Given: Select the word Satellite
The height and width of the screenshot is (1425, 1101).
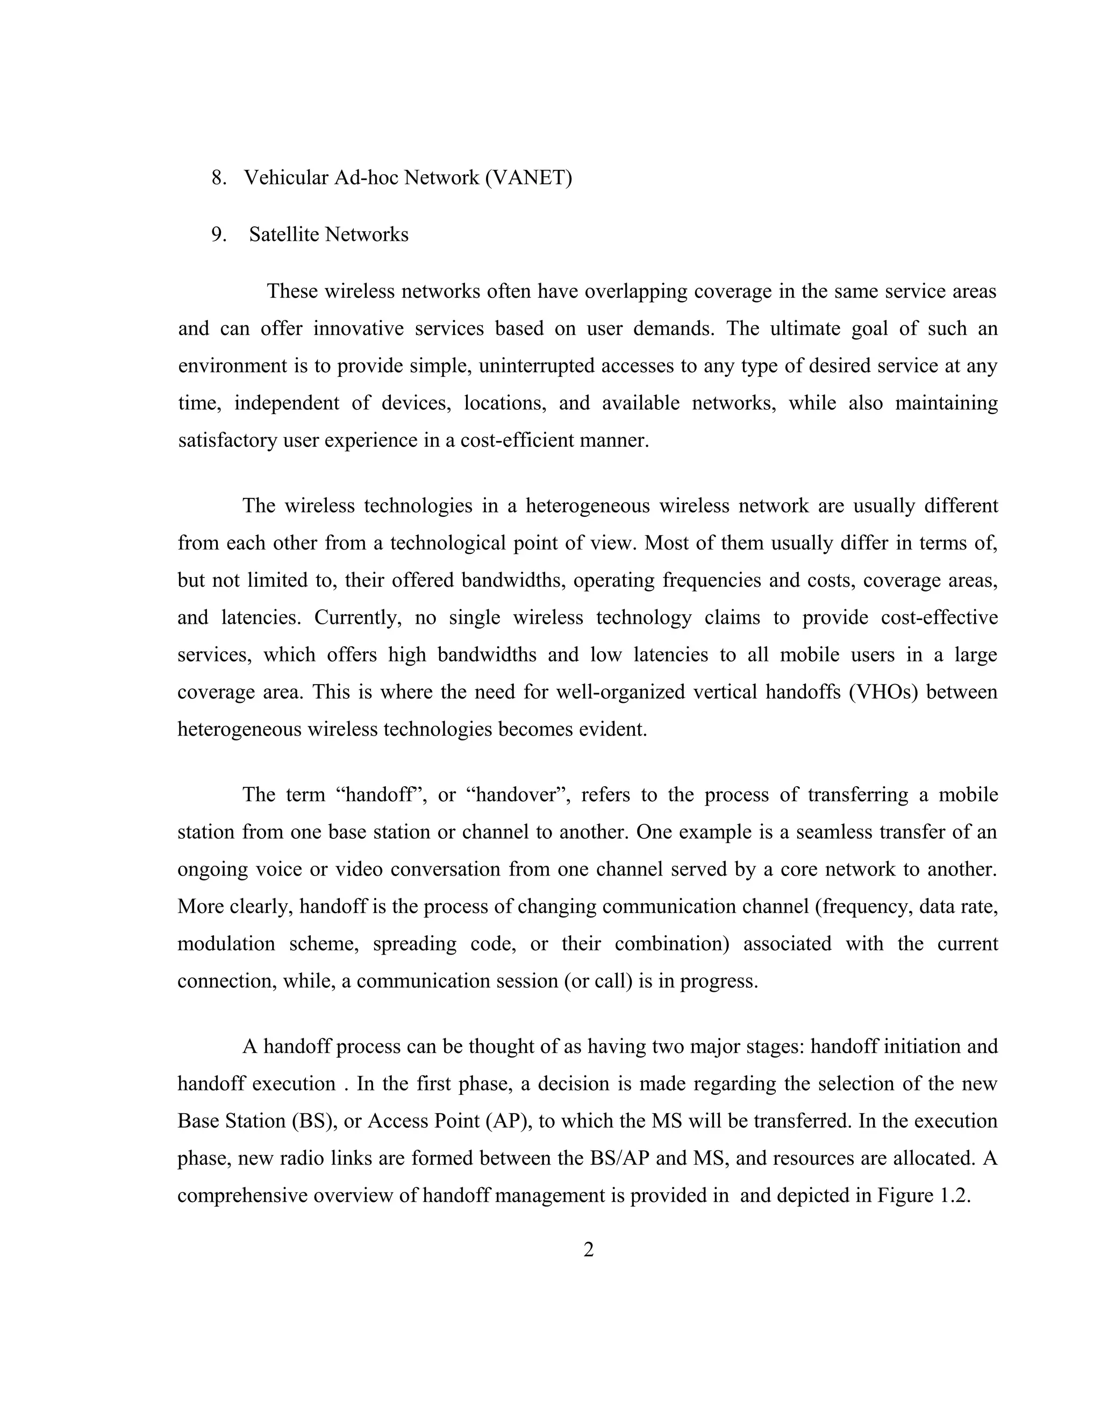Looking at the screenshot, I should click(x=284, y=234).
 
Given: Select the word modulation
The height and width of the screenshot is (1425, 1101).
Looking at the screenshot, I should click(x=226, y=944).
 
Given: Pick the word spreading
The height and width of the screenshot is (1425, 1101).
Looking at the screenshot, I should click(x=415, y=944).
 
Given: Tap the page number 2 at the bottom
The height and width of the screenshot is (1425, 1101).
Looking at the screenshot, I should click(x=588, y=1250).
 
